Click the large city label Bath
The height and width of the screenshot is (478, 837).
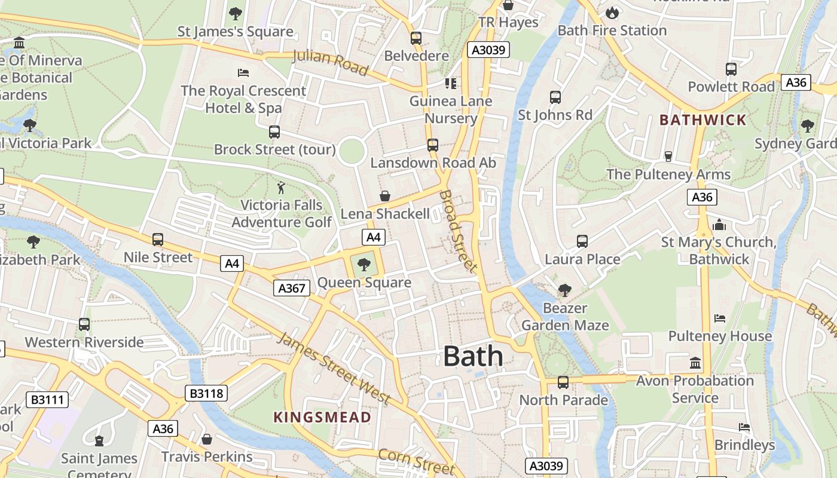click(473, 356)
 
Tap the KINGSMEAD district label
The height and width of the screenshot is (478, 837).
click(322, 417)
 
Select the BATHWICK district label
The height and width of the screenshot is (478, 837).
click(703, 119)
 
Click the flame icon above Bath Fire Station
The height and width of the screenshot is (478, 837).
click(612, 13)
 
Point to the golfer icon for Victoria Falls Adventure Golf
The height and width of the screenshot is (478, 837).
click(281, 188)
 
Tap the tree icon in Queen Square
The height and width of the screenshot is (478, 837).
click(363, 264)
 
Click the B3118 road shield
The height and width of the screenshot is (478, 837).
click(206, 393)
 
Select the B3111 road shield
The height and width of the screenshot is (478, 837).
click(47, 400)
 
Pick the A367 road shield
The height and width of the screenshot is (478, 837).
click(292, 288)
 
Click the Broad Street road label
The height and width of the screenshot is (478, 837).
click(459, 231)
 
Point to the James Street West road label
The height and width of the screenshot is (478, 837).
click(334, 368)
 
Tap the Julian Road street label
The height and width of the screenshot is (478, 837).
click(330, 63)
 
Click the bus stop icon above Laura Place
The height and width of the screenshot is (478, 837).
click(582, 241)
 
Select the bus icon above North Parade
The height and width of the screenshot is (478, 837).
click(563, 382)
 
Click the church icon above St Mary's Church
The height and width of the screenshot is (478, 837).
click(719, 225)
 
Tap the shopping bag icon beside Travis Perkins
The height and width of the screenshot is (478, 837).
click(207, 439)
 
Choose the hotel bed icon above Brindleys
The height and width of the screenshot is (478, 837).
click(744, 427)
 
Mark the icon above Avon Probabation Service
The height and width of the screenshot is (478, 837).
click(695, 363)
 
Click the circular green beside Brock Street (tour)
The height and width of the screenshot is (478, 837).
click(352, 151)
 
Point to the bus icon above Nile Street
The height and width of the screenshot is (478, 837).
click(158, 240)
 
